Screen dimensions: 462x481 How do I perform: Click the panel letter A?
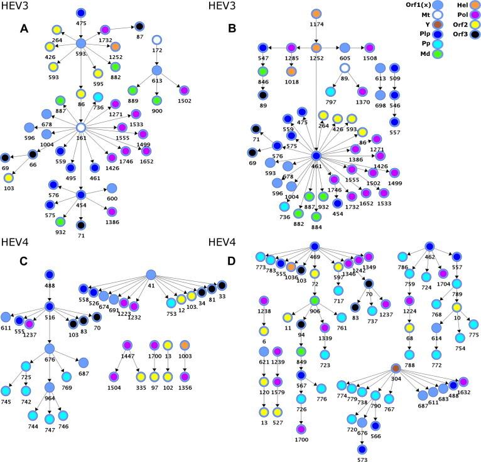coord(24,28)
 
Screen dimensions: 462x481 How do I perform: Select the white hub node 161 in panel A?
coord(81,127)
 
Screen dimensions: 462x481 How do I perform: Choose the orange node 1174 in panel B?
coord(316,14)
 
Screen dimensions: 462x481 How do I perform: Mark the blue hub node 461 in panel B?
coord(316,156)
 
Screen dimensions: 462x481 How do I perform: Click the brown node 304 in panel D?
coord(396,368)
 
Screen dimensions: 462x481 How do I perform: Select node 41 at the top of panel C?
coord(151,274)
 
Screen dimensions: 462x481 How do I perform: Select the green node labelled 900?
coord(156,100)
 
